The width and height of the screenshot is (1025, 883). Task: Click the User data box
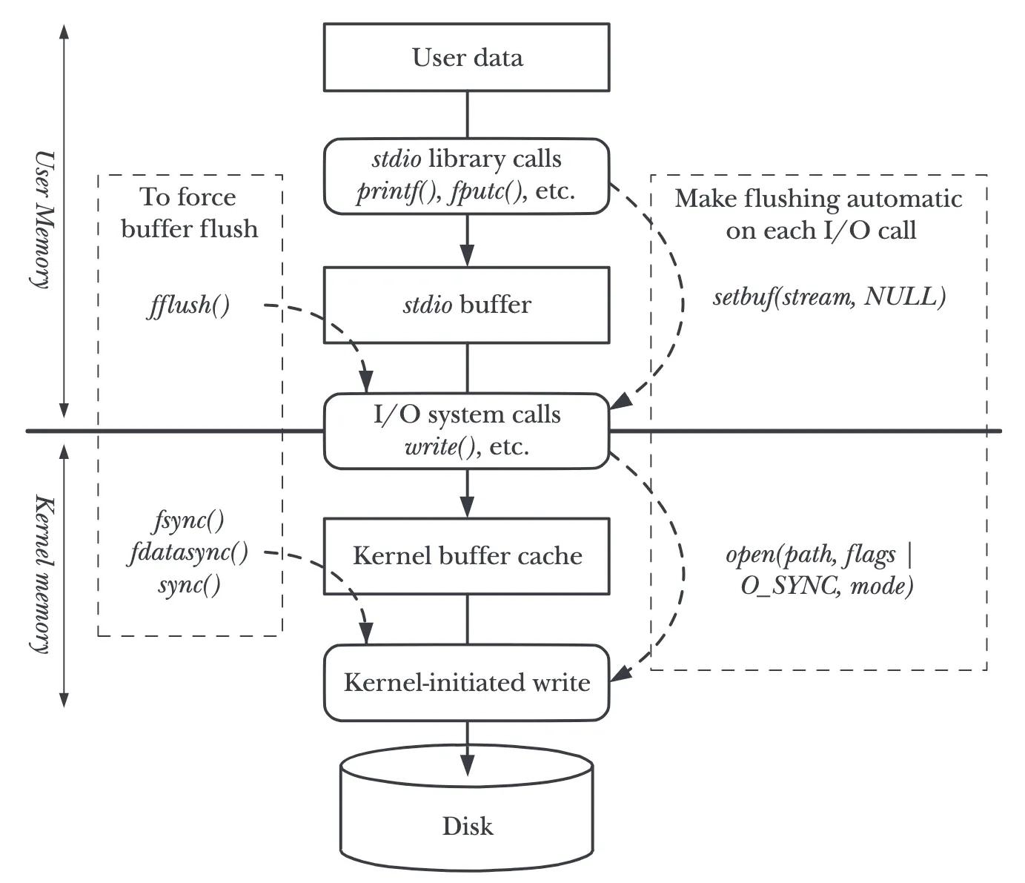pos(467,57)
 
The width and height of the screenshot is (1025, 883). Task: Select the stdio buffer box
pos(467,305)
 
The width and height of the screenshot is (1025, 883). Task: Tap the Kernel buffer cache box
pos(467,556)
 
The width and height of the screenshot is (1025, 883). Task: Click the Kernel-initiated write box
pos(467,683)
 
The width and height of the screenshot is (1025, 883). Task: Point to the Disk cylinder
pos(467,814)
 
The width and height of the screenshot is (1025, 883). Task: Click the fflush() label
pos(188,305)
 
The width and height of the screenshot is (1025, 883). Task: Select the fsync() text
pos(189,521)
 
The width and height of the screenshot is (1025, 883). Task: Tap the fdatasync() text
pos(188,552)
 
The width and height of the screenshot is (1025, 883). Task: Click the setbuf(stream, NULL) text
pos(829,297)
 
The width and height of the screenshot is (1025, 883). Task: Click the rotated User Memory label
pos(43,219)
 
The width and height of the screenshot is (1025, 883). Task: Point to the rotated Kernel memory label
pos(43,574)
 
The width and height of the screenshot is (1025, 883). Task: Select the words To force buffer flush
pos(190,213)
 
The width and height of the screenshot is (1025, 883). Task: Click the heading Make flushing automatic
pos(819,199)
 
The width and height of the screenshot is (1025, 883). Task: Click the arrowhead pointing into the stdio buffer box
pos(467,256)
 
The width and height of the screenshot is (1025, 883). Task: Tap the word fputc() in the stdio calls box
pos(487,191)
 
